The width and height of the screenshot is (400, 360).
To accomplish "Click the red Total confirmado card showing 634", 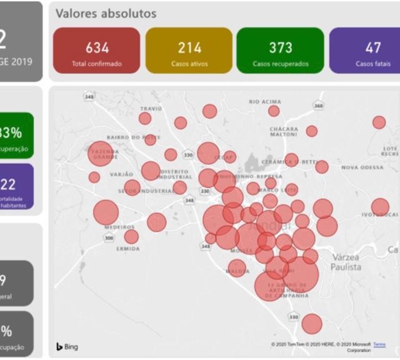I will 97,51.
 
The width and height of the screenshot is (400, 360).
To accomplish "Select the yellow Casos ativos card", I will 189,51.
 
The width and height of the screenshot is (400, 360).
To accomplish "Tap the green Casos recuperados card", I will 281,51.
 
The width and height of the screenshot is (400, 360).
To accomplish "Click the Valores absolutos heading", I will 106,13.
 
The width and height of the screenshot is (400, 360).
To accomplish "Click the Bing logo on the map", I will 67,346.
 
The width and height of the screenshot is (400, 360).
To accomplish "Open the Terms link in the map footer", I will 379,344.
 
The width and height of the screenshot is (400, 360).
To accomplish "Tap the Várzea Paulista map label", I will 346,262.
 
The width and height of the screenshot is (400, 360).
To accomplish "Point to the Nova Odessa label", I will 362,167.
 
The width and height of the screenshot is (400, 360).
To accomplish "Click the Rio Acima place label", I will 265,101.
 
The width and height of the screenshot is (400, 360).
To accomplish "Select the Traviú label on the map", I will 151,108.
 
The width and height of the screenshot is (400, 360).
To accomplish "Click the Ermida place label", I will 128,248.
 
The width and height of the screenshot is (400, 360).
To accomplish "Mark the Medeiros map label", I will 119,227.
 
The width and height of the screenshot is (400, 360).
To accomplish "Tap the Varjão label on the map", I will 122,174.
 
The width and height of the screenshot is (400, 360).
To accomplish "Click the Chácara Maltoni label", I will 284,132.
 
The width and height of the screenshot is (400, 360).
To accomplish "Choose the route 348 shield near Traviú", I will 90,96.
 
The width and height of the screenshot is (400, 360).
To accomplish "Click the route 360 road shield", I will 319,106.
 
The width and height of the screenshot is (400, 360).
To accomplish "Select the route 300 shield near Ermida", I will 109,237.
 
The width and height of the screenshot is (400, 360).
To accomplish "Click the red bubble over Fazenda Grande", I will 102,153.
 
